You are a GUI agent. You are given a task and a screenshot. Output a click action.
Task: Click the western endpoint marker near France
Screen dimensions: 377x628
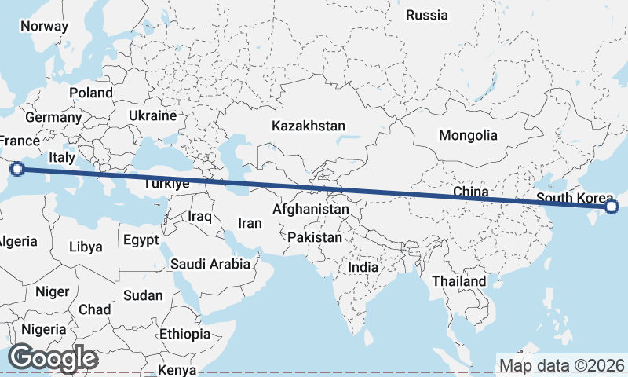click(x=17, y=167)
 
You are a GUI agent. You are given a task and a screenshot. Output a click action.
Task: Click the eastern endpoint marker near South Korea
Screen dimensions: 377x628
click(x=612, y=207)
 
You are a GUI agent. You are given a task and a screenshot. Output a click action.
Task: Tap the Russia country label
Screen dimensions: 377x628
click(x=427, y=15)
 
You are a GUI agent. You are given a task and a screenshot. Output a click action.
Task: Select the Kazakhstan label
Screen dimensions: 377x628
click(x=309, y=126)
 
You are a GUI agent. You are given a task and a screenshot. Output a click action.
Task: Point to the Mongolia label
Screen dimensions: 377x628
click(x=468, y=135)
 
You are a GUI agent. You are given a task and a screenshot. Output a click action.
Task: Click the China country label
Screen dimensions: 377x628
click(x=471, y=192)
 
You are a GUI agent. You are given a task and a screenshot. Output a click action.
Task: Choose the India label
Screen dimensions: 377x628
click(x=363, y=267)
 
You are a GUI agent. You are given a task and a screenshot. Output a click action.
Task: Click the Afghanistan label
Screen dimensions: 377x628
click(x=311, y=210)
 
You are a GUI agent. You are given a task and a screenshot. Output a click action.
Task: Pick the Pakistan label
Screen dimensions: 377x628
click(x=315, y=237)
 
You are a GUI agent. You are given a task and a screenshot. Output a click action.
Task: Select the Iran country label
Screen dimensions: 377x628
click(x=250, y=223)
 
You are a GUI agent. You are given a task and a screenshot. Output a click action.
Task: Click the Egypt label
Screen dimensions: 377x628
click(x=141, y=240)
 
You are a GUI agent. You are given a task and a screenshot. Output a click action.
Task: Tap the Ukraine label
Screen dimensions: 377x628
click(x=153, y=115)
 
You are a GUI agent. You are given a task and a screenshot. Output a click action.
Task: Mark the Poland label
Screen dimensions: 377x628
click(x=91, y=93)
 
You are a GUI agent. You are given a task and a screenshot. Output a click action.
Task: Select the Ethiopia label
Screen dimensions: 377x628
click(x=184, y=334)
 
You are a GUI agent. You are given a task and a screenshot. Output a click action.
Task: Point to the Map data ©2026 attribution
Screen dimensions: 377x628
click(x=562, y=365)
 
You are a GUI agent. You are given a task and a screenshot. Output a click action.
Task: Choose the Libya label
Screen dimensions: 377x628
click(x=86, y=247)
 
